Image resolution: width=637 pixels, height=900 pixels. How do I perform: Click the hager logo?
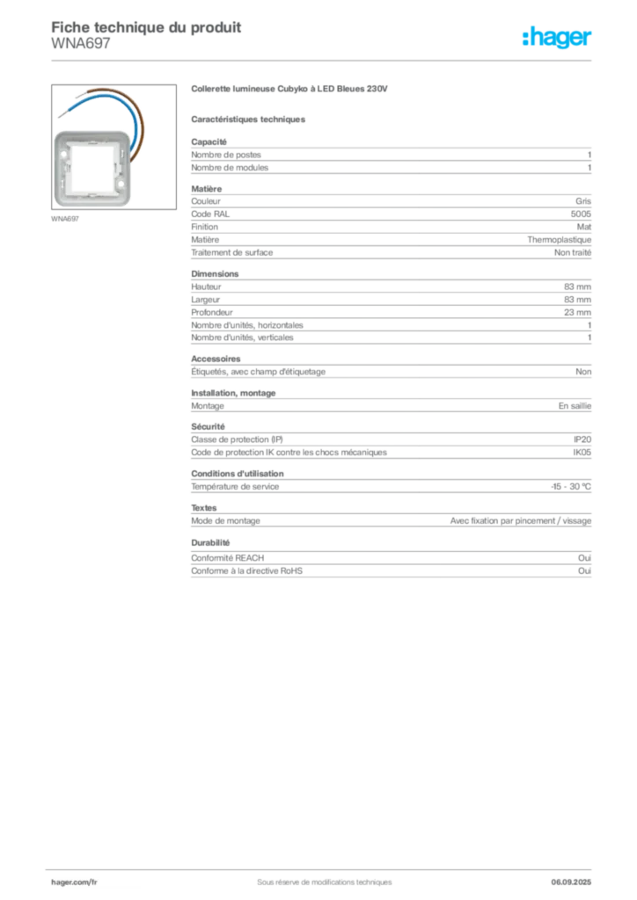click(556, 37)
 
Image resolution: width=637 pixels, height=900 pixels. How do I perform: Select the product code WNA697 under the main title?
click(80, 44)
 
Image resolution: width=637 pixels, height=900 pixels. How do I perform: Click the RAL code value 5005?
click(581, 214)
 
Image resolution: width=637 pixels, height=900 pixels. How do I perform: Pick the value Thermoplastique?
click(559, 240)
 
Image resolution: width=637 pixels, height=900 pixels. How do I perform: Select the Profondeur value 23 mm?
click(577, 312)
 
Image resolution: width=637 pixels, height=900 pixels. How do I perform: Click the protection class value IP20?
click(582, 439)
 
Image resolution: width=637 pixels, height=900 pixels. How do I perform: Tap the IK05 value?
click(582, 453)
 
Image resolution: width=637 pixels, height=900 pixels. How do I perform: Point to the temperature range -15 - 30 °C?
click(571, 487)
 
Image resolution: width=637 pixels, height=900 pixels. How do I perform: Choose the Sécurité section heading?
click(208, 426)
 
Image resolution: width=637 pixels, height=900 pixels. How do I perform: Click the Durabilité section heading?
click(210, 542)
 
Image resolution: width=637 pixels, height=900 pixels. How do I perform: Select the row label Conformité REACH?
click(228, 558)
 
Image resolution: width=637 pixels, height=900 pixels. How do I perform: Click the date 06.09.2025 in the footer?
click(571, 882)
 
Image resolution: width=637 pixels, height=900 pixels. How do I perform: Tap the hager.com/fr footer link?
click(74, 882)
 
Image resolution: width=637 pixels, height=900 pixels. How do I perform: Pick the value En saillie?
click(575, 406)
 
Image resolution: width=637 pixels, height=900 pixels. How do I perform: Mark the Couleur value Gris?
click(583, 201)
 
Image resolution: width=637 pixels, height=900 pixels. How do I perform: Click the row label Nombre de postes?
click(226, 155)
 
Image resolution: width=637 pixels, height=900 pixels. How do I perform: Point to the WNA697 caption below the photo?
click(65, 219)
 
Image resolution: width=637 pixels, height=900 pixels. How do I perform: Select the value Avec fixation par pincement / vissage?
click(520, 521)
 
